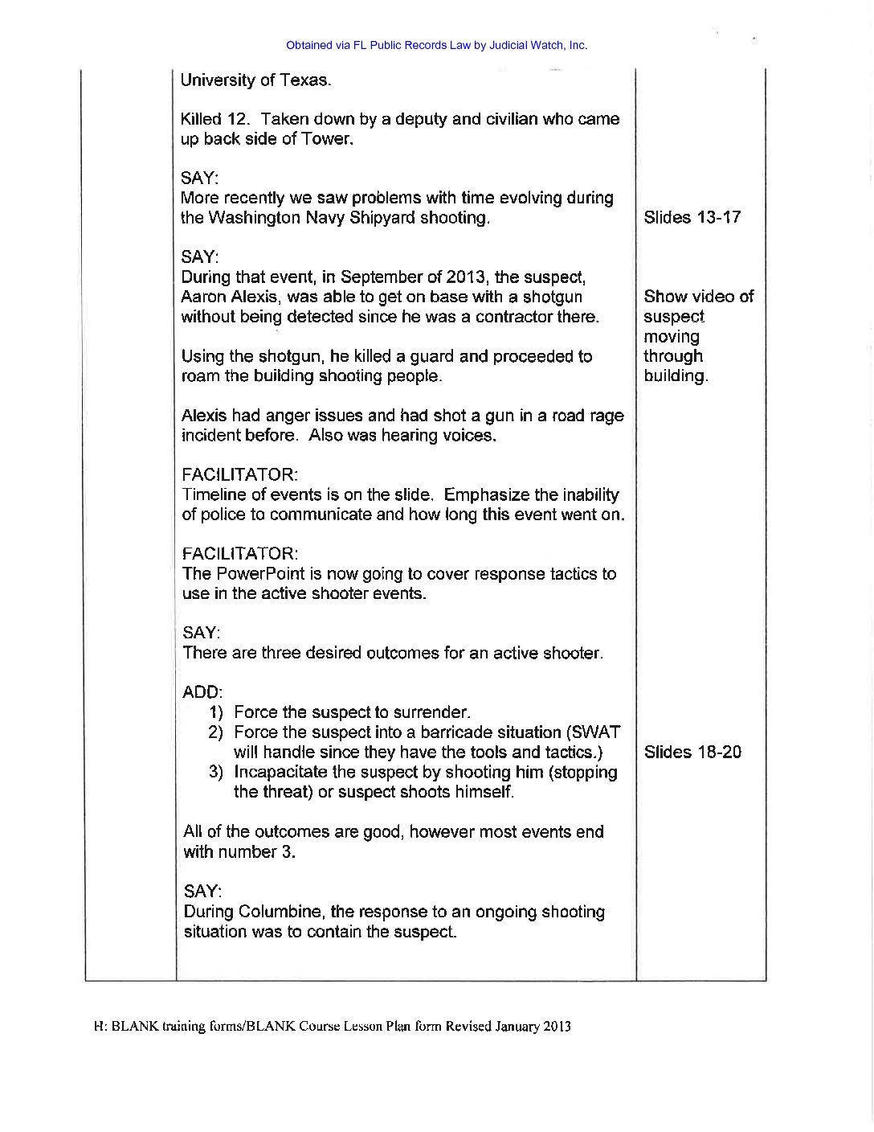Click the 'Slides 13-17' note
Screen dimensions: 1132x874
(692, 218)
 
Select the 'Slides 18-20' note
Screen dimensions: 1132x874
(692, 753)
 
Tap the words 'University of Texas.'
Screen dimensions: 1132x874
(255, 80)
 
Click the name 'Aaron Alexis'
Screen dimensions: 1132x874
(225, 297)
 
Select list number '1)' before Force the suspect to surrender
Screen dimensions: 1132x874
(217, 712)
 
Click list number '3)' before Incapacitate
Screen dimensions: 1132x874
(217, 773)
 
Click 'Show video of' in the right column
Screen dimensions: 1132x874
(699, 297)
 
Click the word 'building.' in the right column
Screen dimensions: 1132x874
(676, 376)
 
